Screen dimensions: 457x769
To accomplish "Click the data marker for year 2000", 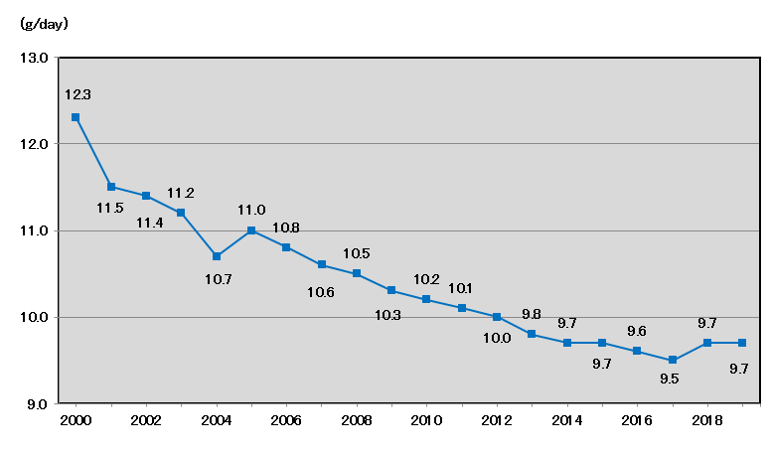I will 76,117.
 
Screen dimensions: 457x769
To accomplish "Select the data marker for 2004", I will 217,256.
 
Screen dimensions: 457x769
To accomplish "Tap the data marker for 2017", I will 673,360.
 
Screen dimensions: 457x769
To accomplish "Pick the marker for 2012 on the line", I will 497,317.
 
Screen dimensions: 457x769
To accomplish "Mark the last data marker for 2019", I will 742,343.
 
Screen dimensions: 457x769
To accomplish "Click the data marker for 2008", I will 357,273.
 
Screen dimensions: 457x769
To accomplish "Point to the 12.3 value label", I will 77,94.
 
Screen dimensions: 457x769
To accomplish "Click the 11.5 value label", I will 109,207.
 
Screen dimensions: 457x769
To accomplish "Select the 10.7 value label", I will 219,279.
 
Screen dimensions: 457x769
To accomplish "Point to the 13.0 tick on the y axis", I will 34,58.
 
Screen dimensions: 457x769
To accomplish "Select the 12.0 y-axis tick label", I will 34,144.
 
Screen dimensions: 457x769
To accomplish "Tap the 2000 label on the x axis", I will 76,421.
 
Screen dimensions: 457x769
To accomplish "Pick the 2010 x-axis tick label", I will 426,421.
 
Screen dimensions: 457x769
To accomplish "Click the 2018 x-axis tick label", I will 706,421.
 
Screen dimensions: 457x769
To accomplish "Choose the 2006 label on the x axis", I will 286,421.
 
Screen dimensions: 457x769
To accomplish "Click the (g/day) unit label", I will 44,22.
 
